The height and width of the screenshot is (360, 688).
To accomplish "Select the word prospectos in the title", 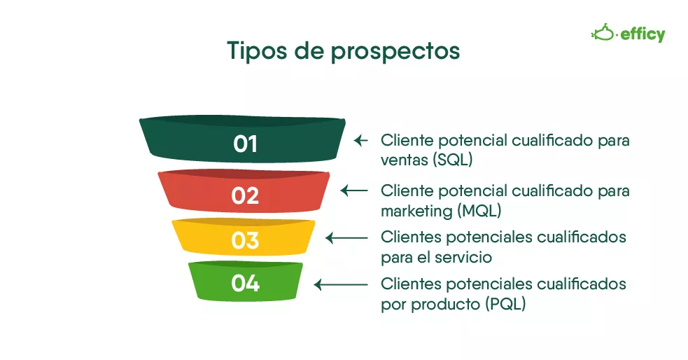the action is click(395, 53).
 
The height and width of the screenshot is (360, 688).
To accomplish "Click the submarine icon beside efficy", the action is click(604, 32).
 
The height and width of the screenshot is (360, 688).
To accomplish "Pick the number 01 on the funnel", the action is click(245, 144).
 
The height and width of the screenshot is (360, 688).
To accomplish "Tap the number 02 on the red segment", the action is click(245, 196).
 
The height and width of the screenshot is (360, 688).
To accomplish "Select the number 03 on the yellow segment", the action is click(245, 241).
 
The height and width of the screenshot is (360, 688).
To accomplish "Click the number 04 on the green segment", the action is click(245, 283).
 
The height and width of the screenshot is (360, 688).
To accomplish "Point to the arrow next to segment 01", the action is click(360, 141).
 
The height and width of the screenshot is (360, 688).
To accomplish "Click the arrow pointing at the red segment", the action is click(354, 191).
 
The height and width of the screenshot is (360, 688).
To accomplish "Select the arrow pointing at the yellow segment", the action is click(346, 238).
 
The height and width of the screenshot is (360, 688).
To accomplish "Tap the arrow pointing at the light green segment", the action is click(341, 285).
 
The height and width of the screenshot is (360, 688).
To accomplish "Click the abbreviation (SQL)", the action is click(452, 160).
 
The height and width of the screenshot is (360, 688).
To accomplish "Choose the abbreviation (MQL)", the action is click(479, 212).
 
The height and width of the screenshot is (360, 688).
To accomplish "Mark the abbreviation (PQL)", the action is click(505, 304).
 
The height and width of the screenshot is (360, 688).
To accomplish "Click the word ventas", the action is click(405, 160).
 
